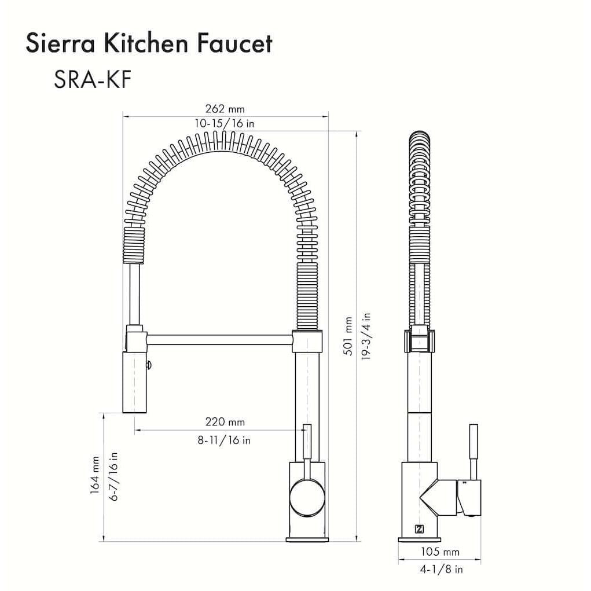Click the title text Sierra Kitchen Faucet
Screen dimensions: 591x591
(148, 44)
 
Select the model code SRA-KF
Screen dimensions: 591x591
(93, 80)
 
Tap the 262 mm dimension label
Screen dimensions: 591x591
(225, 109)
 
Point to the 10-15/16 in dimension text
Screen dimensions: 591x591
(225, 123)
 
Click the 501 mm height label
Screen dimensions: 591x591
(348, 337)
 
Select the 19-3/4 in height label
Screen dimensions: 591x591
(366, 337)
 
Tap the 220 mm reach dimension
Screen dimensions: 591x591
(225, 422)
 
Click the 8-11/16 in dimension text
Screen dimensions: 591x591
(225, 440)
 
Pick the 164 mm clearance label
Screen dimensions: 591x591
(95, 476)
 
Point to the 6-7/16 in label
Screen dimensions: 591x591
(113, 476)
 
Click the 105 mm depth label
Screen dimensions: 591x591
(440, 552)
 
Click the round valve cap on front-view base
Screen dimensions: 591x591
(308, 498)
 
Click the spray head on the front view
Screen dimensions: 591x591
(134, 382)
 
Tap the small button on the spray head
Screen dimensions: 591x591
(149, 365)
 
